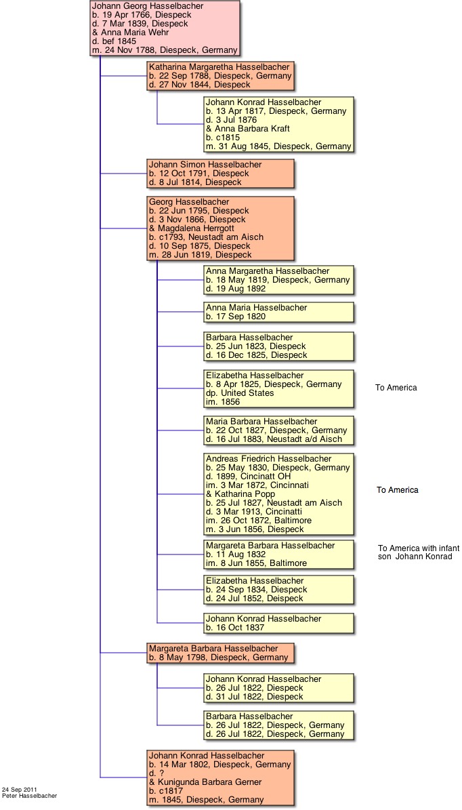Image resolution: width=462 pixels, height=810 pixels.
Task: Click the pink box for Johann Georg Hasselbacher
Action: coord(165,28)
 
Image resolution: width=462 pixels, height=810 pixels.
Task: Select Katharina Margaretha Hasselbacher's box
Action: coord(221,76)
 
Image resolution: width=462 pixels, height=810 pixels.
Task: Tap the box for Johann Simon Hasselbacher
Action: coord(221,174)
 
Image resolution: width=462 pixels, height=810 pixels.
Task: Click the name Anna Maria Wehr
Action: coord(128,33)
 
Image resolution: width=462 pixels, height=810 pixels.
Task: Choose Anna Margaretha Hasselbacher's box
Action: coord(278,280)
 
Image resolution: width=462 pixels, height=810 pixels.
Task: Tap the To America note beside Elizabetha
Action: coord(396,388)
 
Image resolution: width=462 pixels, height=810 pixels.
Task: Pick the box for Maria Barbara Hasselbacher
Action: coord(278,430)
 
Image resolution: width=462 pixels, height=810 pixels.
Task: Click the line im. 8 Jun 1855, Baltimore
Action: coord(256,563)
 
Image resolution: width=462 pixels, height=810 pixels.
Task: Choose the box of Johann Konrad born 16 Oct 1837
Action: coord(278,623)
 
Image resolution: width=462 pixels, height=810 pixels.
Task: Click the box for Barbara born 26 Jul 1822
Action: coord(278,725)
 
